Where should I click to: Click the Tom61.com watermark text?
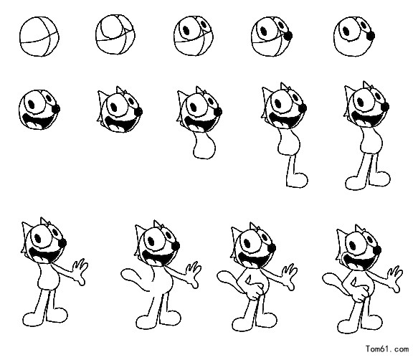[x=386, y=349]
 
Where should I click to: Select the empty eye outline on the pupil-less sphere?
[x=111, y=27]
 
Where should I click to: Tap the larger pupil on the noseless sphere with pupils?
[x=186, y=30]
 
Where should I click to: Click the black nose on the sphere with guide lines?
[x=289, y=36]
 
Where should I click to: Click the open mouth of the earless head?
[x=38, y=122]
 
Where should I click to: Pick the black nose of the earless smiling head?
[x=56, y=108]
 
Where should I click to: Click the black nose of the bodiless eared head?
[x=138, y=112]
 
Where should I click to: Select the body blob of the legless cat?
[x=204, y=146]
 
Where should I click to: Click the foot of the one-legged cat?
[x=298, y=180]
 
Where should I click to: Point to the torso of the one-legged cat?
[x=289, y=143]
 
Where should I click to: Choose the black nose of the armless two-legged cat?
[x=385, y=107]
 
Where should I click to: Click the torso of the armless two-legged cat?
[x=371, y=141]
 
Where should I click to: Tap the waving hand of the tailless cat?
[x=80, y=271]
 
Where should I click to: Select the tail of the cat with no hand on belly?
[x=136, y=280]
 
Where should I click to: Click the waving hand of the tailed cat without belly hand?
[x=194, y=275]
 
